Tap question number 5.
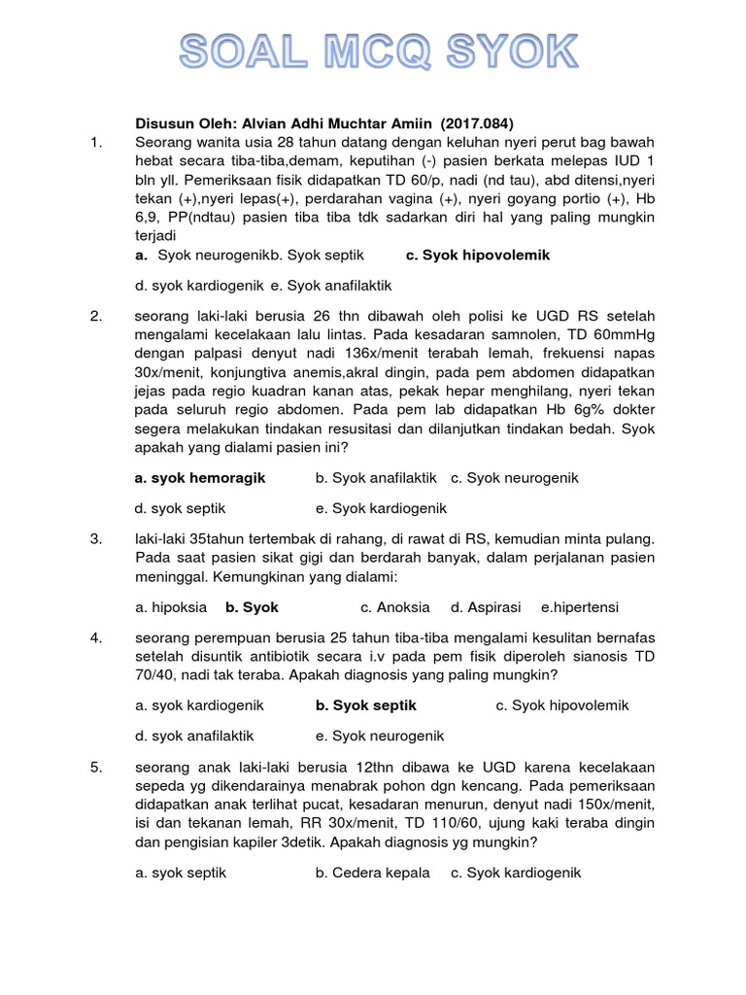(95, 768)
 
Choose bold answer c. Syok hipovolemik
(478, 255)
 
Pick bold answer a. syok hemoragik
(200, 478)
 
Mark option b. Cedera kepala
(372, 873)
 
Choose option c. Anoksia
(394, 607)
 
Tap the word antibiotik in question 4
(282, 658)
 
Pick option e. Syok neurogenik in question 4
(380, 736)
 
